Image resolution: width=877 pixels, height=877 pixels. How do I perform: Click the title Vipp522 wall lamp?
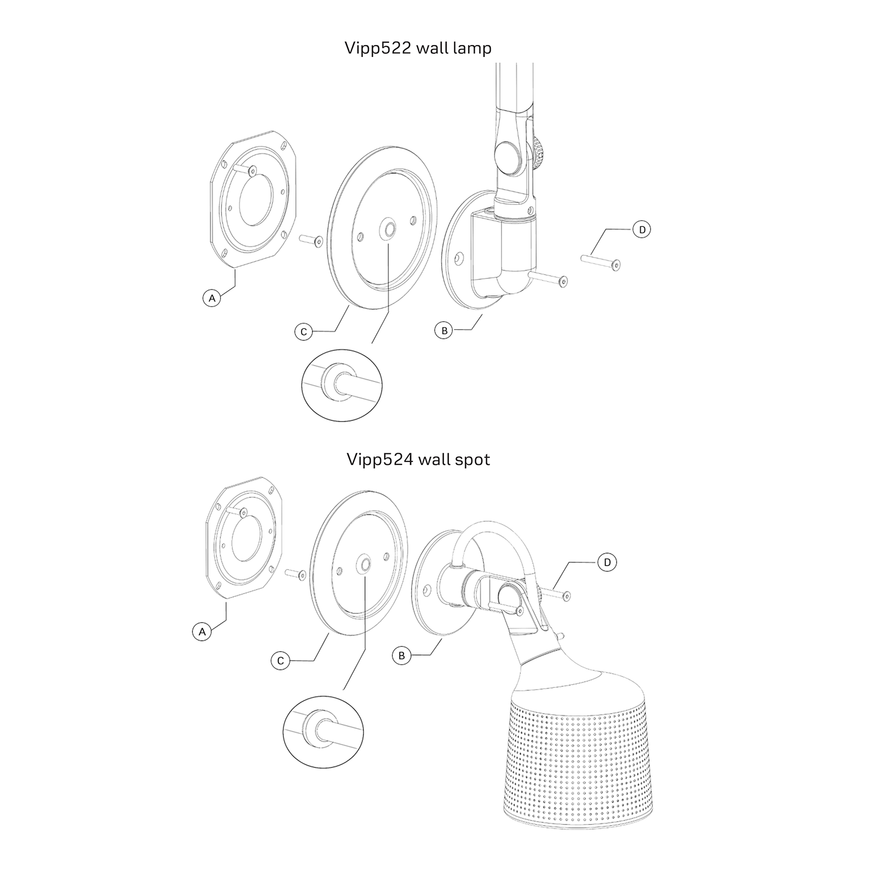(418, 48)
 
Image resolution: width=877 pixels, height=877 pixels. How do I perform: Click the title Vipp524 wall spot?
(418, 459)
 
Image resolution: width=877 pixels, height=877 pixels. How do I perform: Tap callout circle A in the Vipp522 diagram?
(212, 298)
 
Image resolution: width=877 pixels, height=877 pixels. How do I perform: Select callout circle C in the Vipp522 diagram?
(303, 332)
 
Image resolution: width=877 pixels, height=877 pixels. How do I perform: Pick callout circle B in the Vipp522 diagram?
(444, 331)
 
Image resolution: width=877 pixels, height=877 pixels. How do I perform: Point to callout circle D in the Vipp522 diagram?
(642, 229)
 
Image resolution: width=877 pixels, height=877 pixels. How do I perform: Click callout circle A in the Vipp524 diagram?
(202, 631)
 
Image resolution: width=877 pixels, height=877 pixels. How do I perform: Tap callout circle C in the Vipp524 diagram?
(280, 661)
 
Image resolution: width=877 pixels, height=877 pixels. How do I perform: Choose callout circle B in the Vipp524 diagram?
(402, 656)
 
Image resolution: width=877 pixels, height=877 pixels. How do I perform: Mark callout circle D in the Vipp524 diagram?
(607, 562)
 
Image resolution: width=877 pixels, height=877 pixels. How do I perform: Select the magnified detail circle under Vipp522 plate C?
(341, 385)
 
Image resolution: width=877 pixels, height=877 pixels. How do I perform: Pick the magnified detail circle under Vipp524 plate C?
(323, 731)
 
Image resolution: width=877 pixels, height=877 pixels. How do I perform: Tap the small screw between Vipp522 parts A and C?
(310, 240)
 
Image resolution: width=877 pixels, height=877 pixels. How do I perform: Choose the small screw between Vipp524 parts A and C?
(296, 573)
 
